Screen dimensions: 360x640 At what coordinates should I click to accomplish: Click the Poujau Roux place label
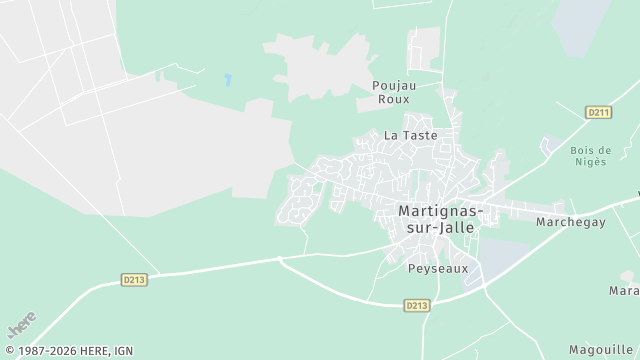[391, 92]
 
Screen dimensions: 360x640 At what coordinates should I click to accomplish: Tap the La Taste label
[411, 134]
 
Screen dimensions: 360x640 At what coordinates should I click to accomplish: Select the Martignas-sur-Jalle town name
[440, 219]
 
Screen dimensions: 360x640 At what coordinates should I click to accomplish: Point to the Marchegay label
[571, 221]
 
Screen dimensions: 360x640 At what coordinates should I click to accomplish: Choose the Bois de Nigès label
[590, 156]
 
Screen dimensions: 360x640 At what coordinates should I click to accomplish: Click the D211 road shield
[598, 112]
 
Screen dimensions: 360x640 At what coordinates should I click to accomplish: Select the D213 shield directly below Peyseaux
[418, 305]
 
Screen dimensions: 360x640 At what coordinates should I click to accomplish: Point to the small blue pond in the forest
[229, 79]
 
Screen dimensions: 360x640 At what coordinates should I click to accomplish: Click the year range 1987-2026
[46, 350]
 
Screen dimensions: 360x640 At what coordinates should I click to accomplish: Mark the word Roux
[391, 99]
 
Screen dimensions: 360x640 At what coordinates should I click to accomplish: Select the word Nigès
[590, 162]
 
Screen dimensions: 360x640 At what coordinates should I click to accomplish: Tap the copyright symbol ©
[9, 350]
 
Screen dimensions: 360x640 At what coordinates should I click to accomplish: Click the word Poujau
[391, 85]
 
